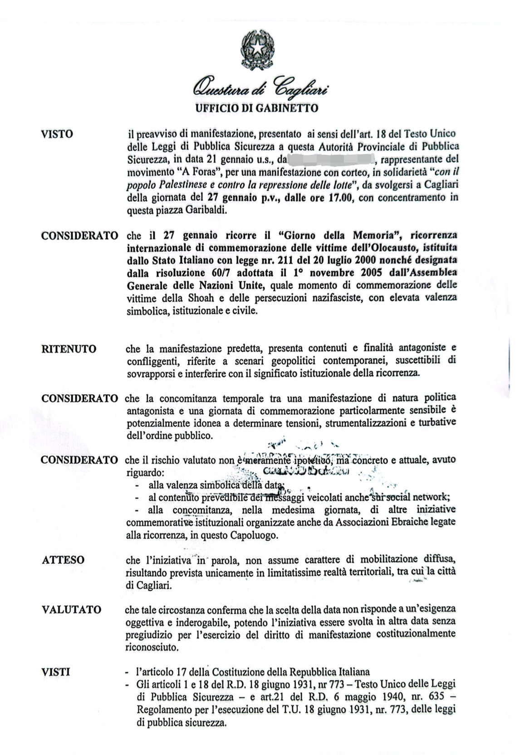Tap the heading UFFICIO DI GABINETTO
click(256, 108)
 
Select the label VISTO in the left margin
click(57, 134)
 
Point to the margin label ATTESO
click(63, 560)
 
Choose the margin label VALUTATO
click(71, 609)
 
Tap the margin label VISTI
click(55, 672)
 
